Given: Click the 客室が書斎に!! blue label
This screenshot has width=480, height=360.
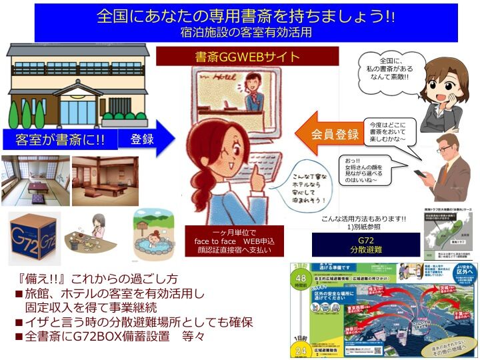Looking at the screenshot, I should coord(60,140).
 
